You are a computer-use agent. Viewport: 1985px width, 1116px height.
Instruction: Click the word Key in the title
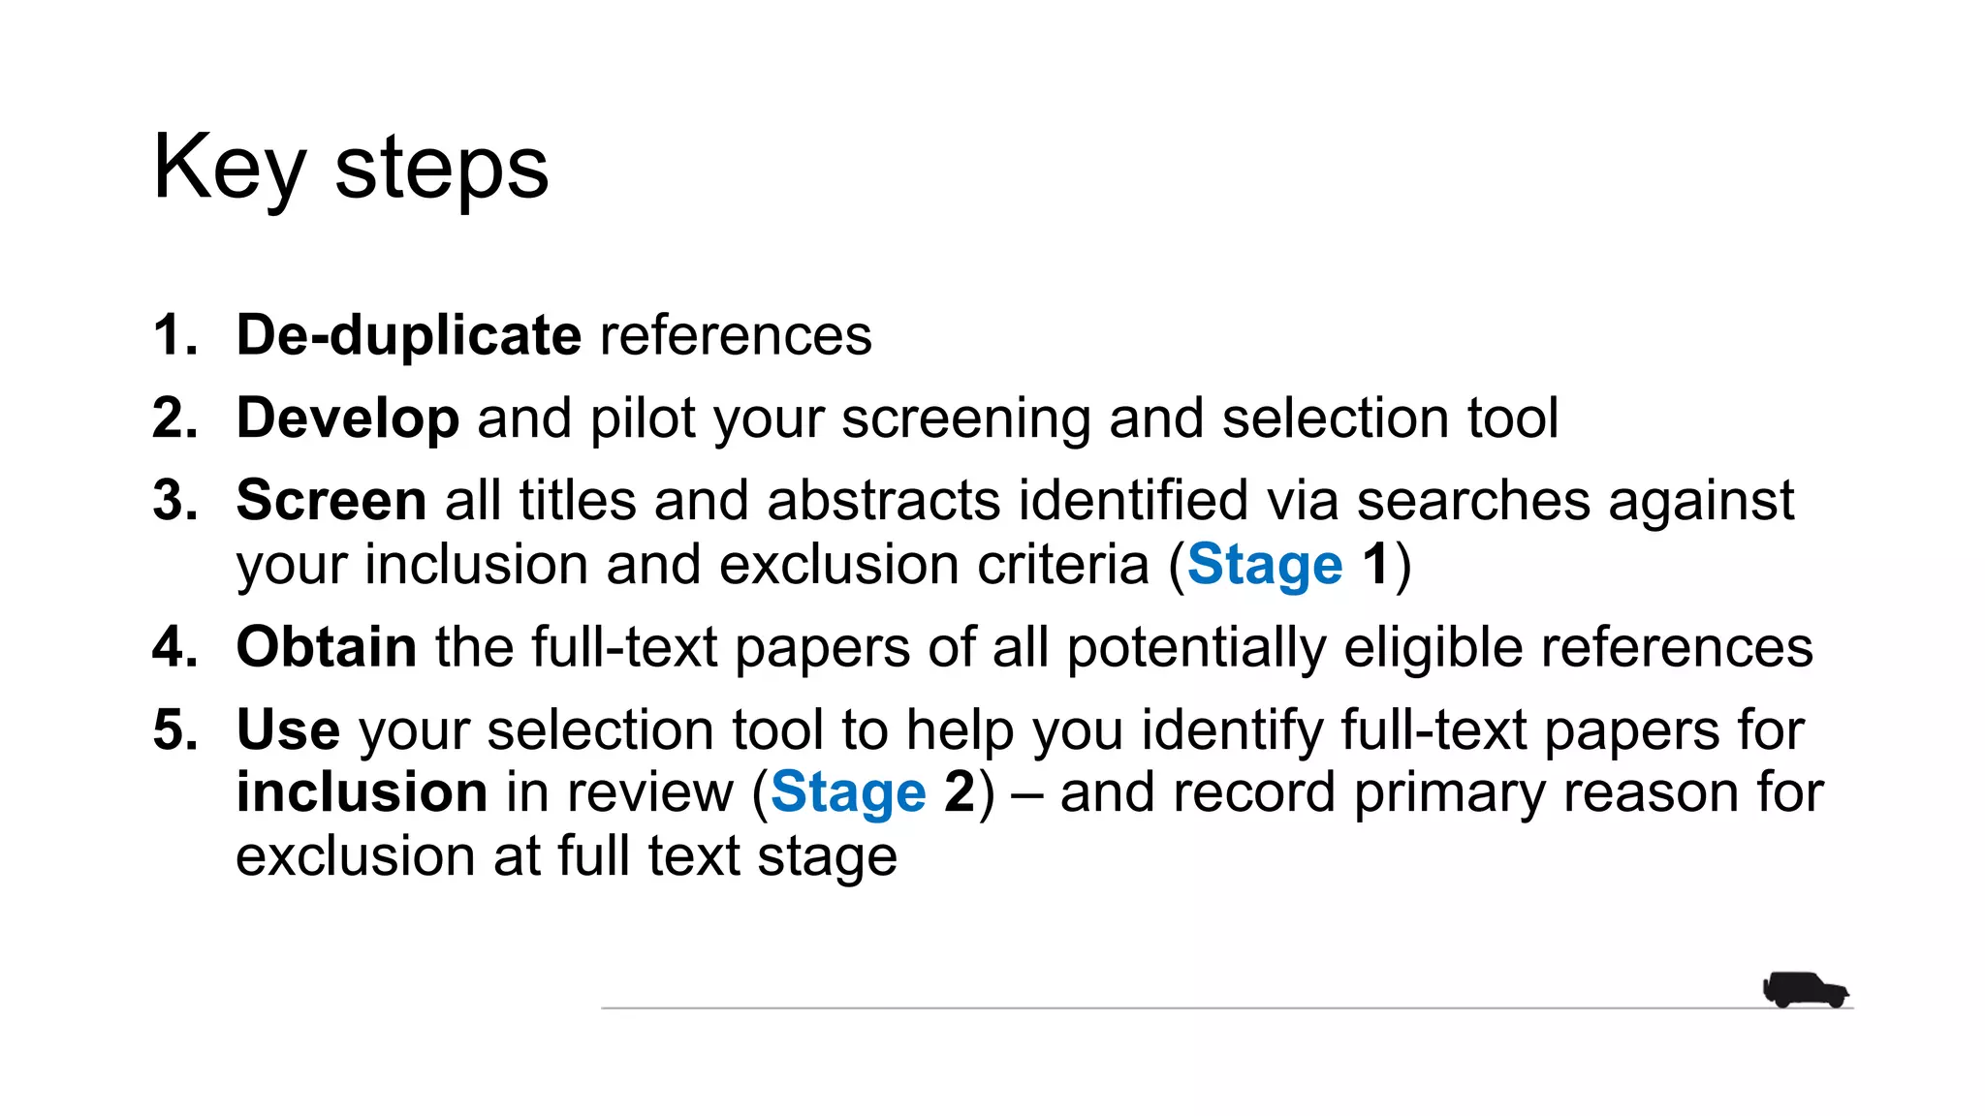[x=229, y=170]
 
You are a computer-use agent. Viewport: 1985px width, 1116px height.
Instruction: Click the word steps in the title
[x=441, y=170]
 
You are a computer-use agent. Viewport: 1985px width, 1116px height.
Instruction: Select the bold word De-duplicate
[x=408, y=336]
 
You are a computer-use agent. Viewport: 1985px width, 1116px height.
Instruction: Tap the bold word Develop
[x=347, y=418]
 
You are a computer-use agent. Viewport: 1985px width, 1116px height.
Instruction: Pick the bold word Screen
[x=331, y=501]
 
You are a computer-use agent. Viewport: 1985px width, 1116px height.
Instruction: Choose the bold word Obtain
[x=327, y=647]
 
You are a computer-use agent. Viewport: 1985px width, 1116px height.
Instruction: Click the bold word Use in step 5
[x=288, y=729]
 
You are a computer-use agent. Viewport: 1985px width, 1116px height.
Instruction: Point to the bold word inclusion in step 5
[x=362, y=792]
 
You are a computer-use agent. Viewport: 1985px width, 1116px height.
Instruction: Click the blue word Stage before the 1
[x=1265, y=565]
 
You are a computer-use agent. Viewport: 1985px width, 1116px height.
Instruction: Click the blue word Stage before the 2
[x=848, y=792]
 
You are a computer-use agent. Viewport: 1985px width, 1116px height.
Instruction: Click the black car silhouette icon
[x=1805, y=990]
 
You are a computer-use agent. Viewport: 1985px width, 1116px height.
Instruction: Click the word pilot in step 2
[x=643, y=418]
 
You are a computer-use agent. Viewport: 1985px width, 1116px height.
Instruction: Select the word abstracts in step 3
[x=883, y=501]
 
